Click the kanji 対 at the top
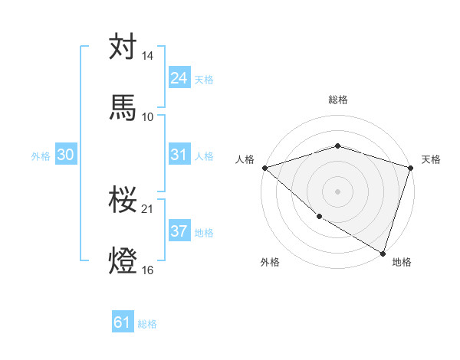pos(123,47)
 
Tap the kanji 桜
pos(123,199)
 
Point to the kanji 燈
pos(123,260)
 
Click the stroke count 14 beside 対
pos(148,56)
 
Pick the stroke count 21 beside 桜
pos(148,208)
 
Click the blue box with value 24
pos(179,78)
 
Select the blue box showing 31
pos(179,155)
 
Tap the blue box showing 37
pos(179,231)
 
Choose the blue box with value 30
pos(66,155)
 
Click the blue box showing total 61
pos(123,322)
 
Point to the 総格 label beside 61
pos(147,324)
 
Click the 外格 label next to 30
pos(41,156)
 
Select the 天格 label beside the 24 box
pos(204,80)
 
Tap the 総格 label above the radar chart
pos(337,100)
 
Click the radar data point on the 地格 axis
pos(383,253)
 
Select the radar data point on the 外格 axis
pos(318,216)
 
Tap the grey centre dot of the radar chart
pos(337,191)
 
